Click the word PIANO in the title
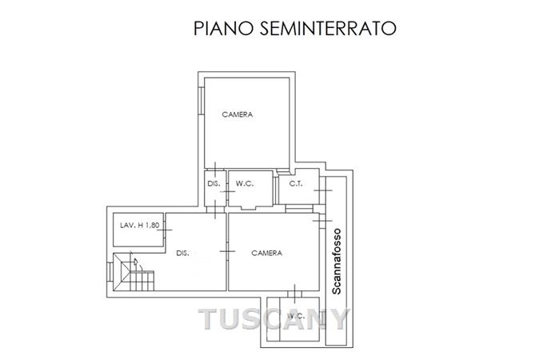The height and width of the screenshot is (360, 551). [x=223, y=29]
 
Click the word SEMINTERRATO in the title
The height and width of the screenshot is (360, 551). [x=328, y=29]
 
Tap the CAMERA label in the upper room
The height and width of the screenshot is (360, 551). [x=238, y=114]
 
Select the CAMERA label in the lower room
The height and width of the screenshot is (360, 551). [x=267, y=253]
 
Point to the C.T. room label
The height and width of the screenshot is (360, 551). [x=296, y=183]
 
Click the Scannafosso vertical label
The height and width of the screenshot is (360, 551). [x=337, y=262]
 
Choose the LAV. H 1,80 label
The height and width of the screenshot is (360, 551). [x=139, y=226]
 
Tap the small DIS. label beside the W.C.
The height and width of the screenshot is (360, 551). [x=214, y=183]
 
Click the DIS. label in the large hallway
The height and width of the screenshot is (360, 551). [x=182, y=253]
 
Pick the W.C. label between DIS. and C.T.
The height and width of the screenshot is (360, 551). [x=245, y=183]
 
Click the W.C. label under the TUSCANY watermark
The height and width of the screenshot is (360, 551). [x=296, y=316]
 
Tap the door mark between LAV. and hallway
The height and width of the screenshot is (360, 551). [x=165, y=230]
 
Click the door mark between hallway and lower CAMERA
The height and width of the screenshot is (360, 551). [x=227, y=251]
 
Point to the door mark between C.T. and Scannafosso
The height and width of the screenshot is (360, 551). [x=323, y=190]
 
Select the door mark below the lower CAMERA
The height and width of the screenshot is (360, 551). [x=294, y=294]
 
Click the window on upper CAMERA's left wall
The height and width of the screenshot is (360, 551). [x=201, y=101]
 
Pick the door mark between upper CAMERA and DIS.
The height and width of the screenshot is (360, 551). [x=215, y=169]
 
